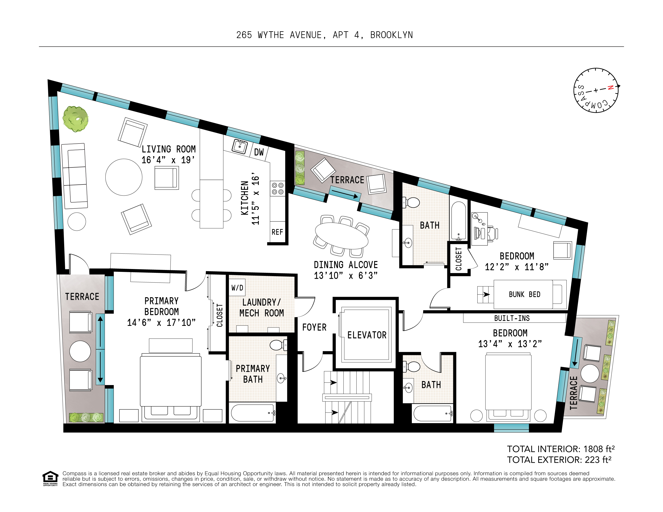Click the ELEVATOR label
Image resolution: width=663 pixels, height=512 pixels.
367,335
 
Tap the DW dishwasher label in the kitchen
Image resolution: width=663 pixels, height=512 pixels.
259,152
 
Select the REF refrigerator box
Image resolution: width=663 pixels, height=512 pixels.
277,232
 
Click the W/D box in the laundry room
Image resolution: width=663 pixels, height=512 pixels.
237,287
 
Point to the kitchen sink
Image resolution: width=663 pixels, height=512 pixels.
240,147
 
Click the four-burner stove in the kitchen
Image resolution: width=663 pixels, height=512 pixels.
278,189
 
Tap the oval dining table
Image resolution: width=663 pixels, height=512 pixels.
341,236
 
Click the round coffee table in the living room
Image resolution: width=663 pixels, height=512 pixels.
124,177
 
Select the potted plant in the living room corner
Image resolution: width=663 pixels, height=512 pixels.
75,119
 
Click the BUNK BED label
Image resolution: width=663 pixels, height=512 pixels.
524,294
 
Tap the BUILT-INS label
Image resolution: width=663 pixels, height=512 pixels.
512,318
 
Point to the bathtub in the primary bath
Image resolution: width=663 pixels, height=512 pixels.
252,413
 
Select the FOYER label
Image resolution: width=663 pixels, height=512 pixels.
314,327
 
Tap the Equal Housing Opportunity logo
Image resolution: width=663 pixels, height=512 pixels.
50,478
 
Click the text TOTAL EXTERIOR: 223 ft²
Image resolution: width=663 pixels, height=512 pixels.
559,460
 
